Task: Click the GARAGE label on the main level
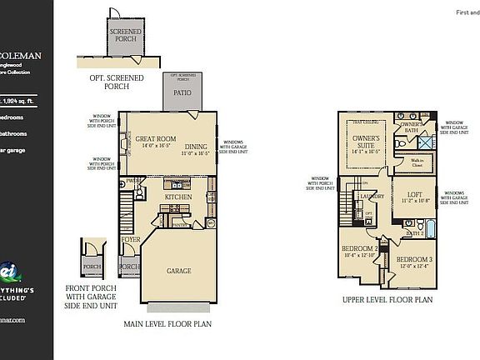pos(178,271)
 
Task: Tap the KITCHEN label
pos(178,197)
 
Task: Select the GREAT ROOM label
pos(155,139)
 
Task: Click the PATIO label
pos(182,93)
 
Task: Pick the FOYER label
pos(131,239)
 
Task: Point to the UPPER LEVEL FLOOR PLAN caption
pos(386,298)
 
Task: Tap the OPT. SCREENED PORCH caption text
pos(117,81)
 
